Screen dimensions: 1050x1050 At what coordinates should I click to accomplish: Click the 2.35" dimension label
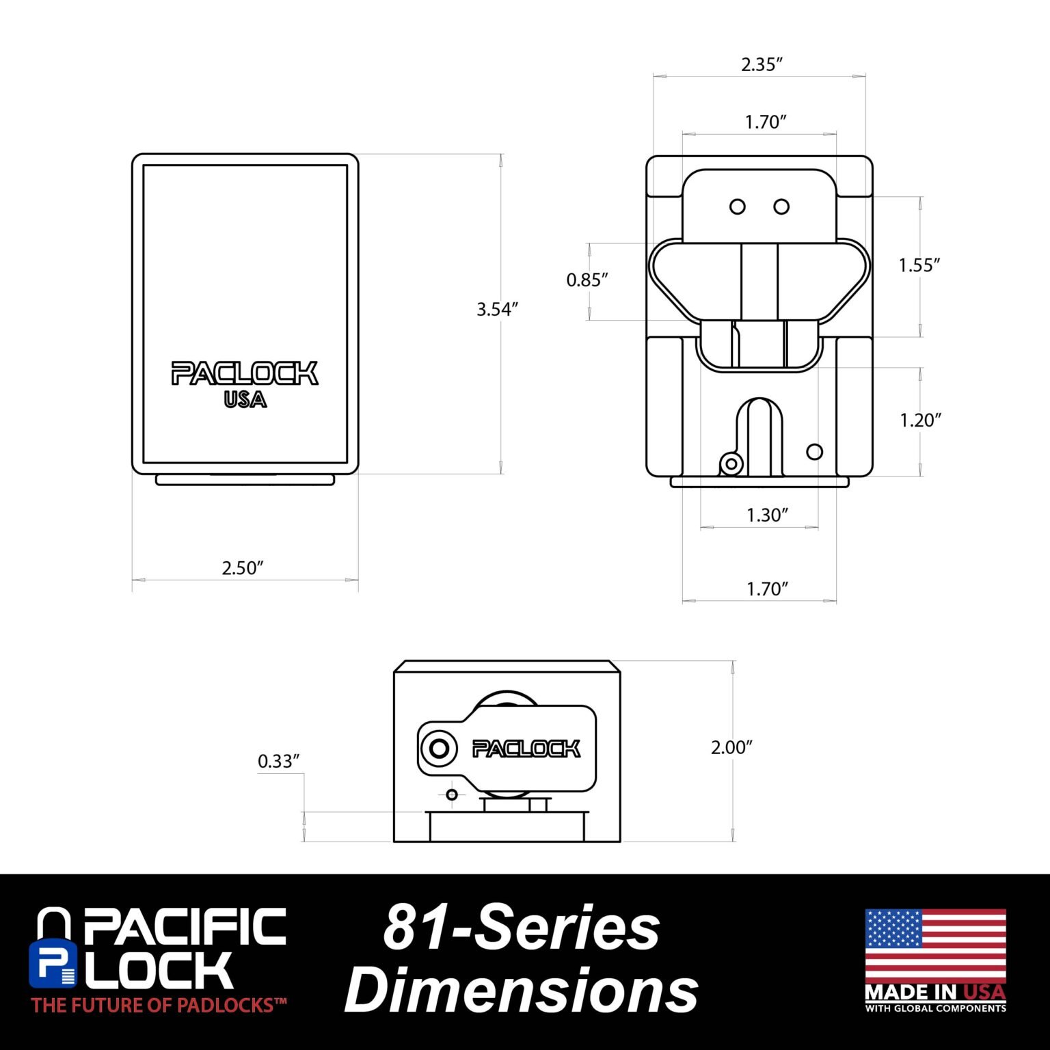[x=762, y=64]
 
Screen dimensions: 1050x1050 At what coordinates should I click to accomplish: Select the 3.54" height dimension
[x=498, y=309]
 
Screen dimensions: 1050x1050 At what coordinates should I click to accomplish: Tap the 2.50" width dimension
[x=243, y=568]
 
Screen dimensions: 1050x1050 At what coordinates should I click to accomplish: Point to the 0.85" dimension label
[x=587, y=280]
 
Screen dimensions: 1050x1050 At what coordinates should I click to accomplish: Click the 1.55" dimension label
[x=919, y=265]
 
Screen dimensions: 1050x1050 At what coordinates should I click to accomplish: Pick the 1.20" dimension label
[x=920, y=420]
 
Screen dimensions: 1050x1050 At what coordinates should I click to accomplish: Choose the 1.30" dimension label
[x=768, y=515]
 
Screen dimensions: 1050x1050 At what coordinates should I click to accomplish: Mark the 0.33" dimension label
[x=279, y=761]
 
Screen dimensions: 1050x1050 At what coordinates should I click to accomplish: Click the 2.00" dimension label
[x=731, y=747]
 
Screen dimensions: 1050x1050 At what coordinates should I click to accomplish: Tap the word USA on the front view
[x=245, y=399]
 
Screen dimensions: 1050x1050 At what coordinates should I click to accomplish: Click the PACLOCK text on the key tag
[x=526, y=749]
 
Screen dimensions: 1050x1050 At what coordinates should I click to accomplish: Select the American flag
[x=935, y=945]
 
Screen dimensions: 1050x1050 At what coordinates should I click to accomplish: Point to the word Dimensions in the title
[x=522, y=991]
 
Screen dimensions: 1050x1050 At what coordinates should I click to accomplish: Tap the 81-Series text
[x=522, y=927]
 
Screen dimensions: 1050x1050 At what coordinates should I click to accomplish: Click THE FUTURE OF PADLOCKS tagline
[x=159, y=1005]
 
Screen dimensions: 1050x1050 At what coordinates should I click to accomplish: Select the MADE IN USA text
[x=935, y=992]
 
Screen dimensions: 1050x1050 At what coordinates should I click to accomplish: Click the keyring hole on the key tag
[x=439, y=749]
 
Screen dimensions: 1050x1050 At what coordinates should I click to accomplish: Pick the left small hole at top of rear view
[x=738, y=206]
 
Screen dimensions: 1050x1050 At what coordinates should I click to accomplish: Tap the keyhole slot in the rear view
[x=759, y=435]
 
